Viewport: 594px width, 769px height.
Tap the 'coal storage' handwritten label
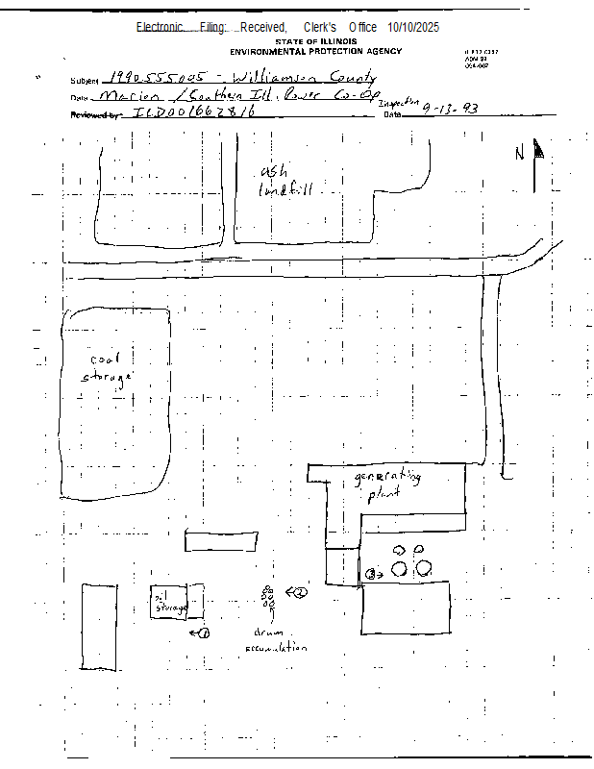click(x=105, y=369)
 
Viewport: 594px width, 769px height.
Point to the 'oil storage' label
click(x=169, y=604)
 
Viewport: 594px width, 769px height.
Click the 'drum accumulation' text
click(x=270, y=640)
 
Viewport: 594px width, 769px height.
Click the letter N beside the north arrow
click(x=520, y=154)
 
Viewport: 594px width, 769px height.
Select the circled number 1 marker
click(x=204, y=633)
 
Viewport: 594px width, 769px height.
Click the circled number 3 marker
click(x=370, y=574)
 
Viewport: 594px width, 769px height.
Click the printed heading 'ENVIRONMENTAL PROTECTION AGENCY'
click(x=316, y=51)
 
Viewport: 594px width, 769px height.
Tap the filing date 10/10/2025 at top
click(x=413, y=27)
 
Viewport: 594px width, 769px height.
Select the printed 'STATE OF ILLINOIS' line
click(x=316, y=42)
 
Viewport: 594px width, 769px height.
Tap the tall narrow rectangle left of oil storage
click(x=98, y=626)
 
